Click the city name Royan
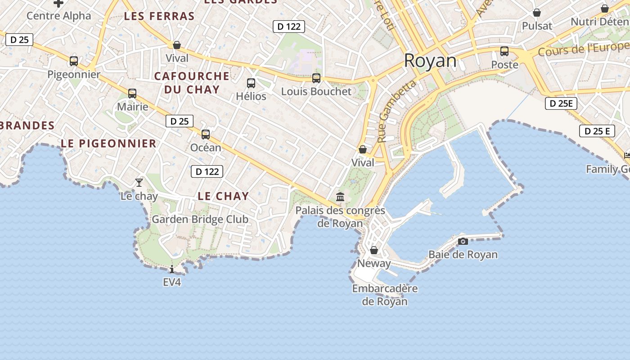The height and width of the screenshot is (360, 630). click(430, 61)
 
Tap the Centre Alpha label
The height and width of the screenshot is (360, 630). click(58, 16)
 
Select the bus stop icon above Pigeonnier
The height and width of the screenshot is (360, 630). click(74, 61)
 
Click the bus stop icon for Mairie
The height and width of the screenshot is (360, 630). click(132, 94)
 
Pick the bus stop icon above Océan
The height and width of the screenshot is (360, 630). click(206, 134)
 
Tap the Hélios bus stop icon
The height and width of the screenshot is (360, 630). click(251, 83)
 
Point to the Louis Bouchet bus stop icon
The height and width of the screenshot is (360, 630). click(316, 78)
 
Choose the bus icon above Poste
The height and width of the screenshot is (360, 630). click(504, 51)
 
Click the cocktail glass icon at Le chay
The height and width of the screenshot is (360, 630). click(139, 182)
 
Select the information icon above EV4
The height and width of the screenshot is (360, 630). click(172, 270)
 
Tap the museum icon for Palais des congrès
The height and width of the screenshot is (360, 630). click(340, 197)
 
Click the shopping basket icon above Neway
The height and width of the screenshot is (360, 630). click(374, 250)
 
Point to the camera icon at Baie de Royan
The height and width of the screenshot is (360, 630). click(463, 242)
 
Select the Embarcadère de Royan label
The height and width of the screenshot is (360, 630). click(385, 295)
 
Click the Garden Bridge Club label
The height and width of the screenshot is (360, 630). click(200, 220)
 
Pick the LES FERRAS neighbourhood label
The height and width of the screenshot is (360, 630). click(159, 17)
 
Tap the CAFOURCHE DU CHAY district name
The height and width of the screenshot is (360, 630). click(192, 82)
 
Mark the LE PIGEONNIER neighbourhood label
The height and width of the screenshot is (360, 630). click(108, 144)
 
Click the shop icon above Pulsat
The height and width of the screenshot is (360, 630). click(537, 13)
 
